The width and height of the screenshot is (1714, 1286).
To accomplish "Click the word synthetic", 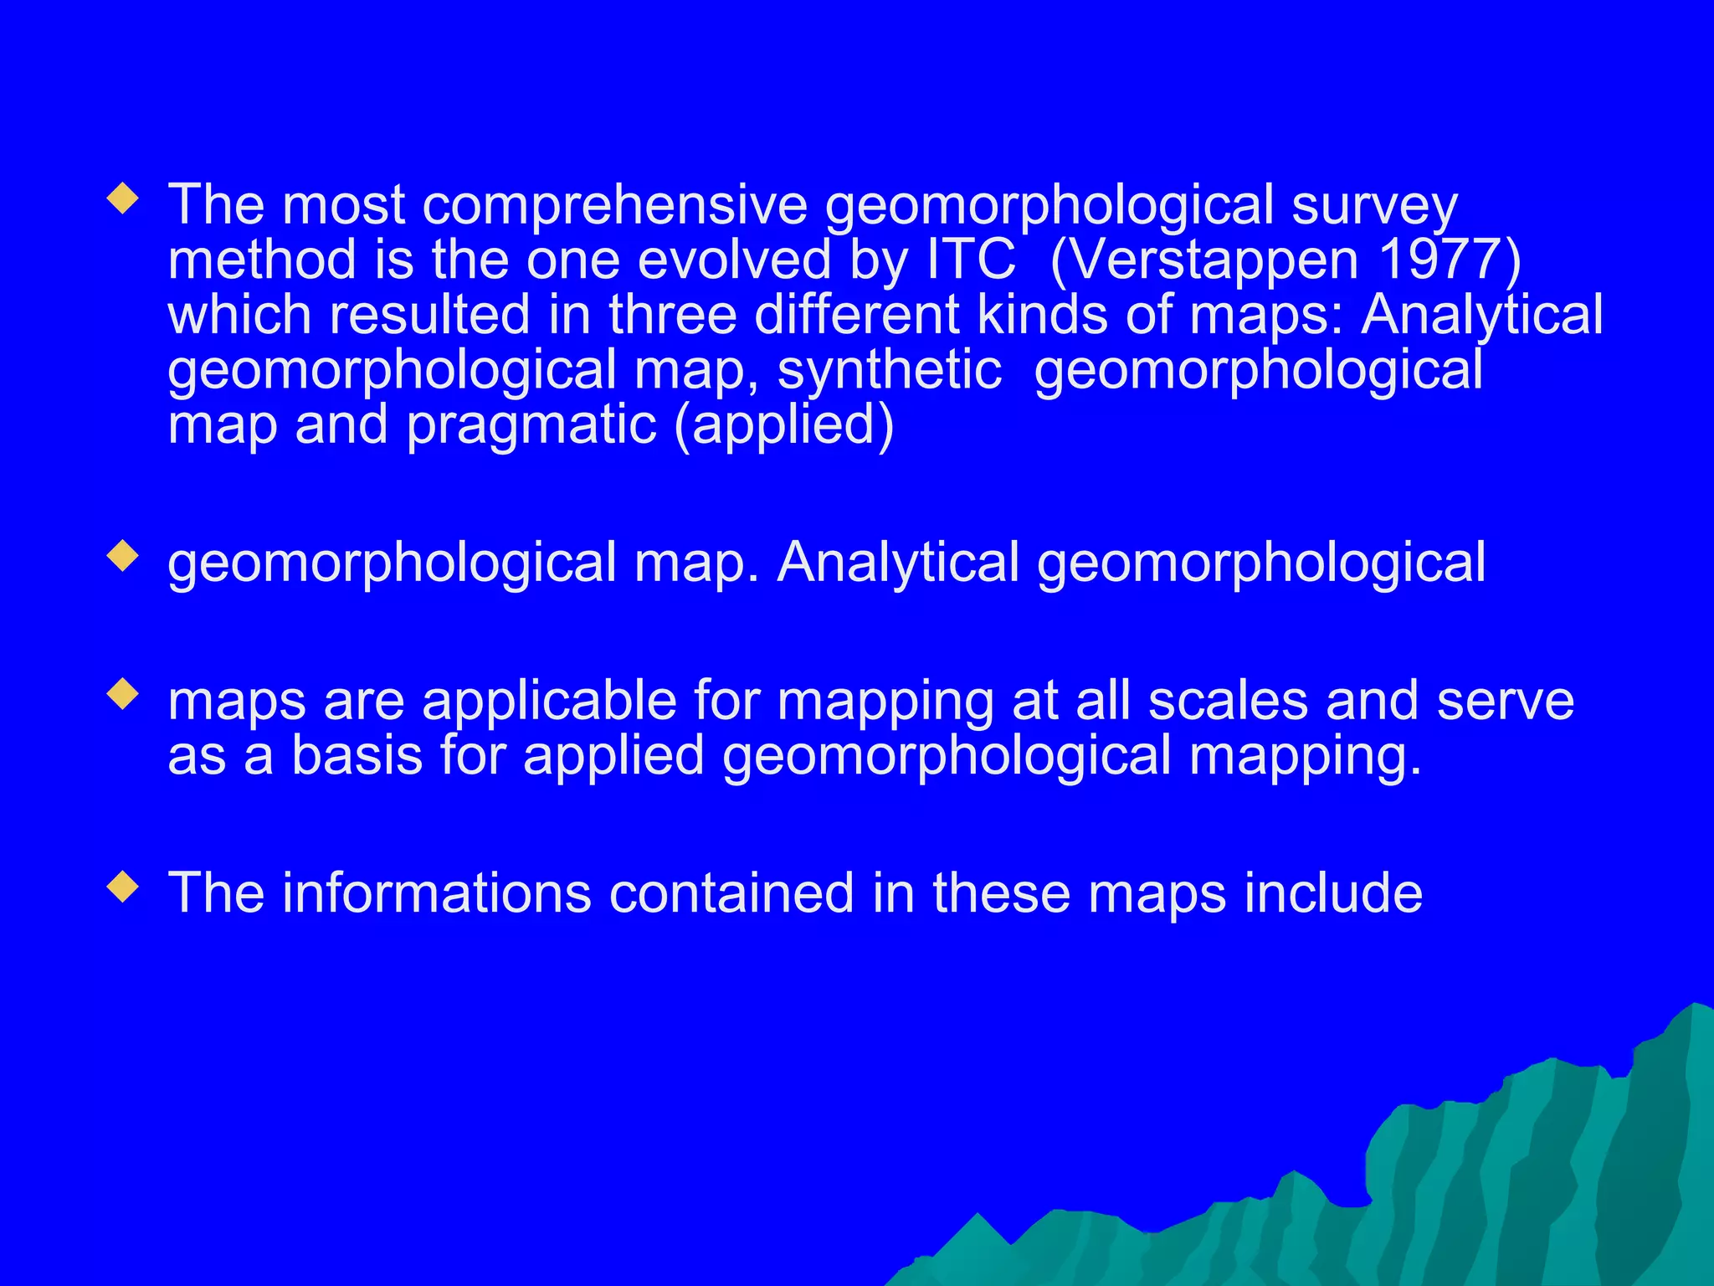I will pos(889,370).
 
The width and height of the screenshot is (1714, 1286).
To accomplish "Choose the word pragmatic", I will pos(531,425).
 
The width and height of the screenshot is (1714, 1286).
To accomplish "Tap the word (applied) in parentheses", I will pos(784,425).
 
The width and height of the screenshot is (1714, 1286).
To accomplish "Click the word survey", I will pos(1374,205).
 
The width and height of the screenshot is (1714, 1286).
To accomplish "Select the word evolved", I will pos(735,260).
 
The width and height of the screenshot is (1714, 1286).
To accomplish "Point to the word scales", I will pos(1228,701).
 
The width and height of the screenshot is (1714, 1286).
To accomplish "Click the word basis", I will pos(357,755).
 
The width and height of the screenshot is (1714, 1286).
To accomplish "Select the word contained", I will pos(731,893).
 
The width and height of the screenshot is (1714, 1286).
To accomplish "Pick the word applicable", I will pos(549,701).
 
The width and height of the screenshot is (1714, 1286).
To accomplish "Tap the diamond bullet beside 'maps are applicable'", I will pos(123,695).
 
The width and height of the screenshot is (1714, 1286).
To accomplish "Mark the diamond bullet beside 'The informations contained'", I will pos(123,887).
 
